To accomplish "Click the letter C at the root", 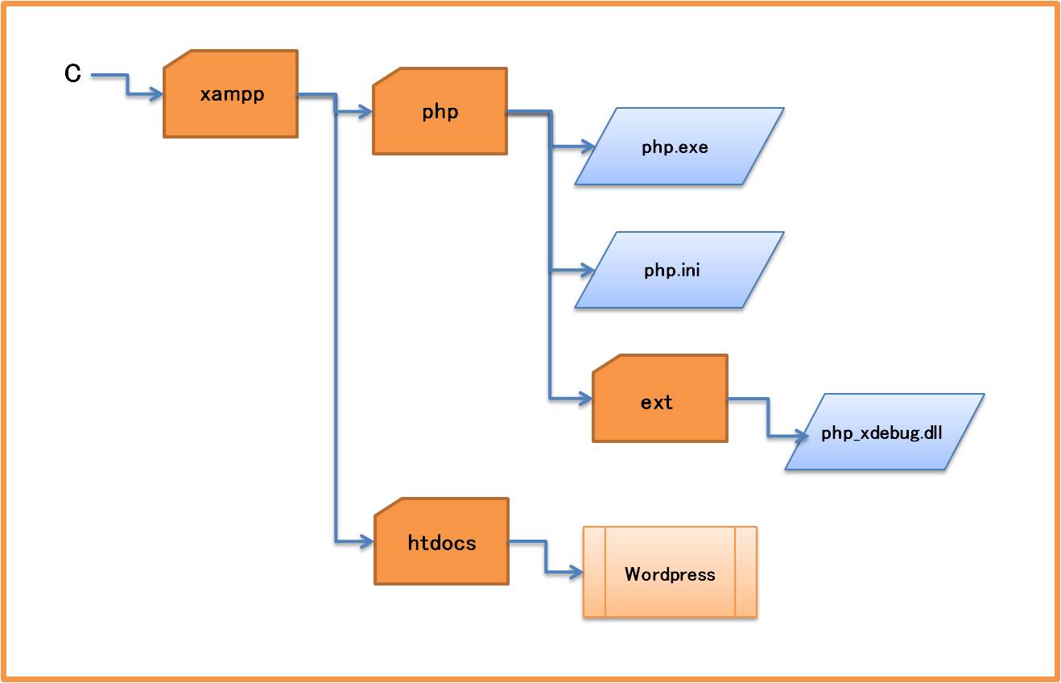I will [x=73, y=74].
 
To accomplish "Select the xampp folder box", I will [x=231, y=94].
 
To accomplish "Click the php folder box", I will [x=440, y=111].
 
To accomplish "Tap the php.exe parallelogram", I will [x=676, y=147].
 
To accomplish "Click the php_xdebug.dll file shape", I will [x=882, y=433].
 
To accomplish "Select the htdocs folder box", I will [x=442, y=542].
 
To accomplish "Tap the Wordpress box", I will [x=670, y=573].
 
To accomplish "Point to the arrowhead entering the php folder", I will [x=365, y=113].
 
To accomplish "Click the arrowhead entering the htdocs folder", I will [x=367, y=542].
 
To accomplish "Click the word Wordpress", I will [x=670, y=574].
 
